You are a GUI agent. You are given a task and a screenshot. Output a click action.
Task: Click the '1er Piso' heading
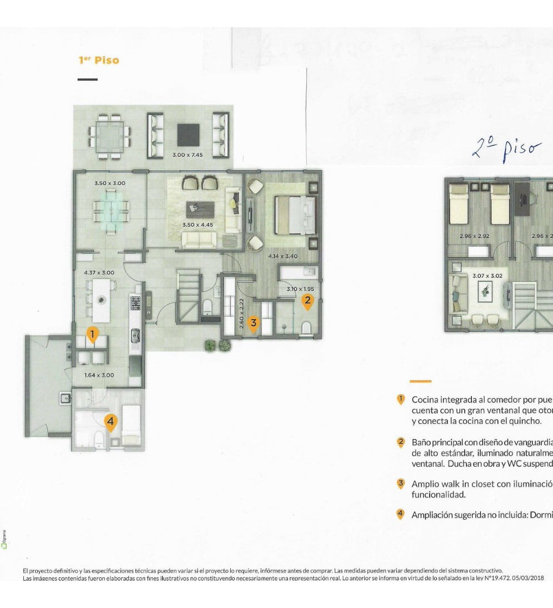(99, 60)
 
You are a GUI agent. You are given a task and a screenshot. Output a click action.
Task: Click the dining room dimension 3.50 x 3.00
(109, 183)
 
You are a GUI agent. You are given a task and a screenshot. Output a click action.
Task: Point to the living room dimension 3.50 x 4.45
(198, 225)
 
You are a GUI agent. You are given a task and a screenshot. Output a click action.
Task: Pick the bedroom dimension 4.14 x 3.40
(283, 256)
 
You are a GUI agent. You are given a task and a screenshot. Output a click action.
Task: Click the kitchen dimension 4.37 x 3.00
(99, 273)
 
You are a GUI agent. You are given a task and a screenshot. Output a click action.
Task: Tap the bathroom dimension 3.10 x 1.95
(301, 289)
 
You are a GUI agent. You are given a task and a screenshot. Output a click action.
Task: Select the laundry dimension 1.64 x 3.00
(99, 375)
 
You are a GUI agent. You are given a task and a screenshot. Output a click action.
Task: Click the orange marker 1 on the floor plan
(93, 334)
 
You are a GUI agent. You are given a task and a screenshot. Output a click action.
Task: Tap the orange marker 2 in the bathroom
(307, 301)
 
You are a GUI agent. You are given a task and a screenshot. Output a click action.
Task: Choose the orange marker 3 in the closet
(253, 322)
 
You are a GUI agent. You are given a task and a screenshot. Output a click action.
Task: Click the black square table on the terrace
(188, 134)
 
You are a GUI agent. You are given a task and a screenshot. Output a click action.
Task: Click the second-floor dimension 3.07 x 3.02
(487, 275)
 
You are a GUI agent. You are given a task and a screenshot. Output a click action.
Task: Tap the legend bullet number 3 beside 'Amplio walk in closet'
(400, 484)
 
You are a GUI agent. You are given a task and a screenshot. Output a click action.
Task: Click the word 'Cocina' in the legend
(425, 400)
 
